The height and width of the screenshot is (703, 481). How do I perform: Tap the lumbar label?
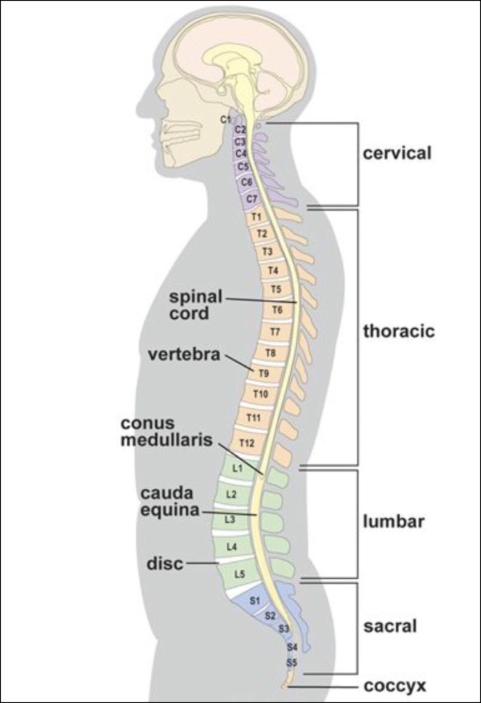[393, 521]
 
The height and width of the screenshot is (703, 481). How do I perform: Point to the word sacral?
[390, 623]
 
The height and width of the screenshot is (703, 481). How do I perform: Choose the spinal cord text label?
[195, 305]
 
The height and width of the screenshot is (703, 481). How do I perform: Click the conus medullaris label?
[178, 431]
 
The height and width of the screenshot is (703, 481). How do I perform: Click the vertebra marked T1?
[256, 217]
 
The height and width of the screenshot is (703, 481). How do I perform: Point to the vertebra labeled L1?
[237, 470]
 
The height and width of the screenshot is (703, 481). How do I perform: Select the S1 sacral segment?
[254, 601]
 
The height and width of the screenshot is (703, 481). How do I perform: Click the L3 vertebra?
[230, 519]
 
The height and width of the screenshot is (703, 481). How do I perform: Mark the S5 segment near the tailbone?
[291, 663]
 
